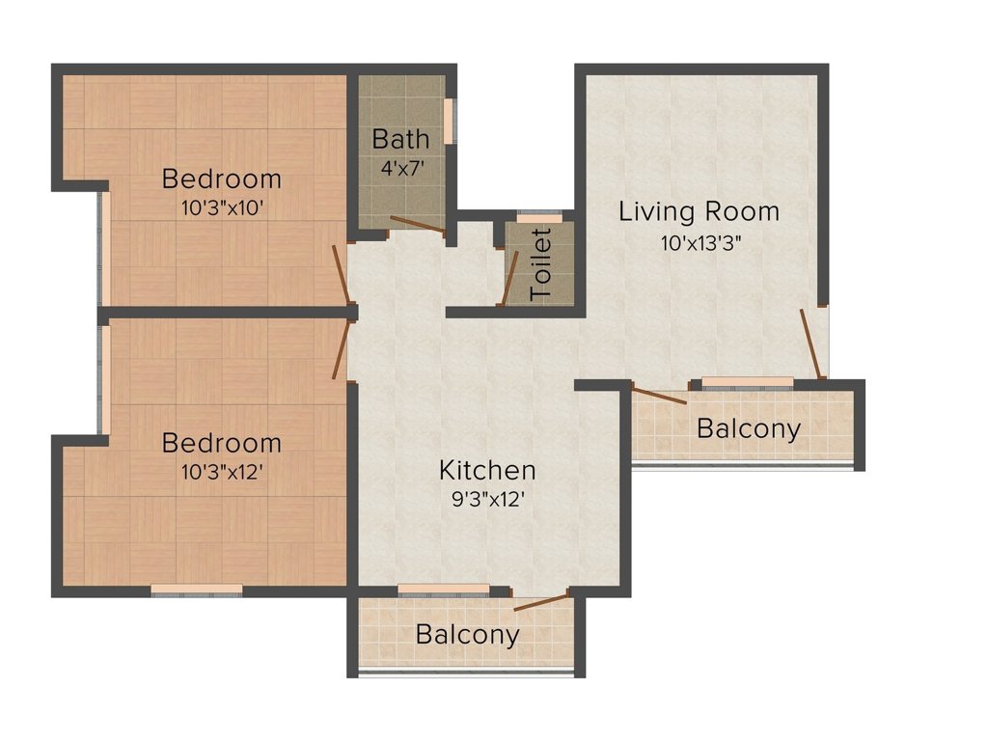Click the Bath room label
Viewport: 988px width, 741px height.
(400, 138)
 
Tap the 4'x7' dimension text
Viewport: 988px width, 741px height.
(400, 165)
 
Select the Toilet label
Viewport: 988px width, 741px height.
(541, 263)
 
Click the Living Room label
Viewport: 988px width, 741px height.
(699, 210)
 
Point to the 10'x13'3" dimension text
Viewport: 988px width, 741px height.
(699, 242)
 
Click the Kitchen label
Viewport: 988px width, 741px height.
(487, 471)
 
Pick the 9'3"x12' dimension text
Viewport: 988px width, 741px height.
(487, 500)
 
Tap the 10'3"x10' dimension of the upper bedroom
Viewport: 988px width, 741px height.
(221, 207)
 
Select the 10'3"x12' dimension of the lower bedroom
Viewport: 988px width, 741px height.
(221, 472)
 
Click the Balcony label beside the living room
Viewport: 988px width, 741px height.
(749, 428)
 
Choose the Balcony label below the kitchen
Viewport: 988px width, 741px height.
(467, 635)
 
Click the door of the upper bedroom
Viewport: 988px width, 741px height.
(342, 274)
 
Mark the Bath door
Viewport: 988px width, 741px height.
(418, 224)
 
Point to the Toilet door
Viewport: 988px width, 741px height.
(508, 278)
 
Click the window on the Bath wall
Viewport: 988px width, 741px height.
(450, 122)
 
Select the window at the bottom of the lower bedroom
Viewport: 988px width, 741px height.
(197, 590)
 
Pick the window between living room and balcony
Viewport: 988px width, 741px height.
(747, 383)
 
